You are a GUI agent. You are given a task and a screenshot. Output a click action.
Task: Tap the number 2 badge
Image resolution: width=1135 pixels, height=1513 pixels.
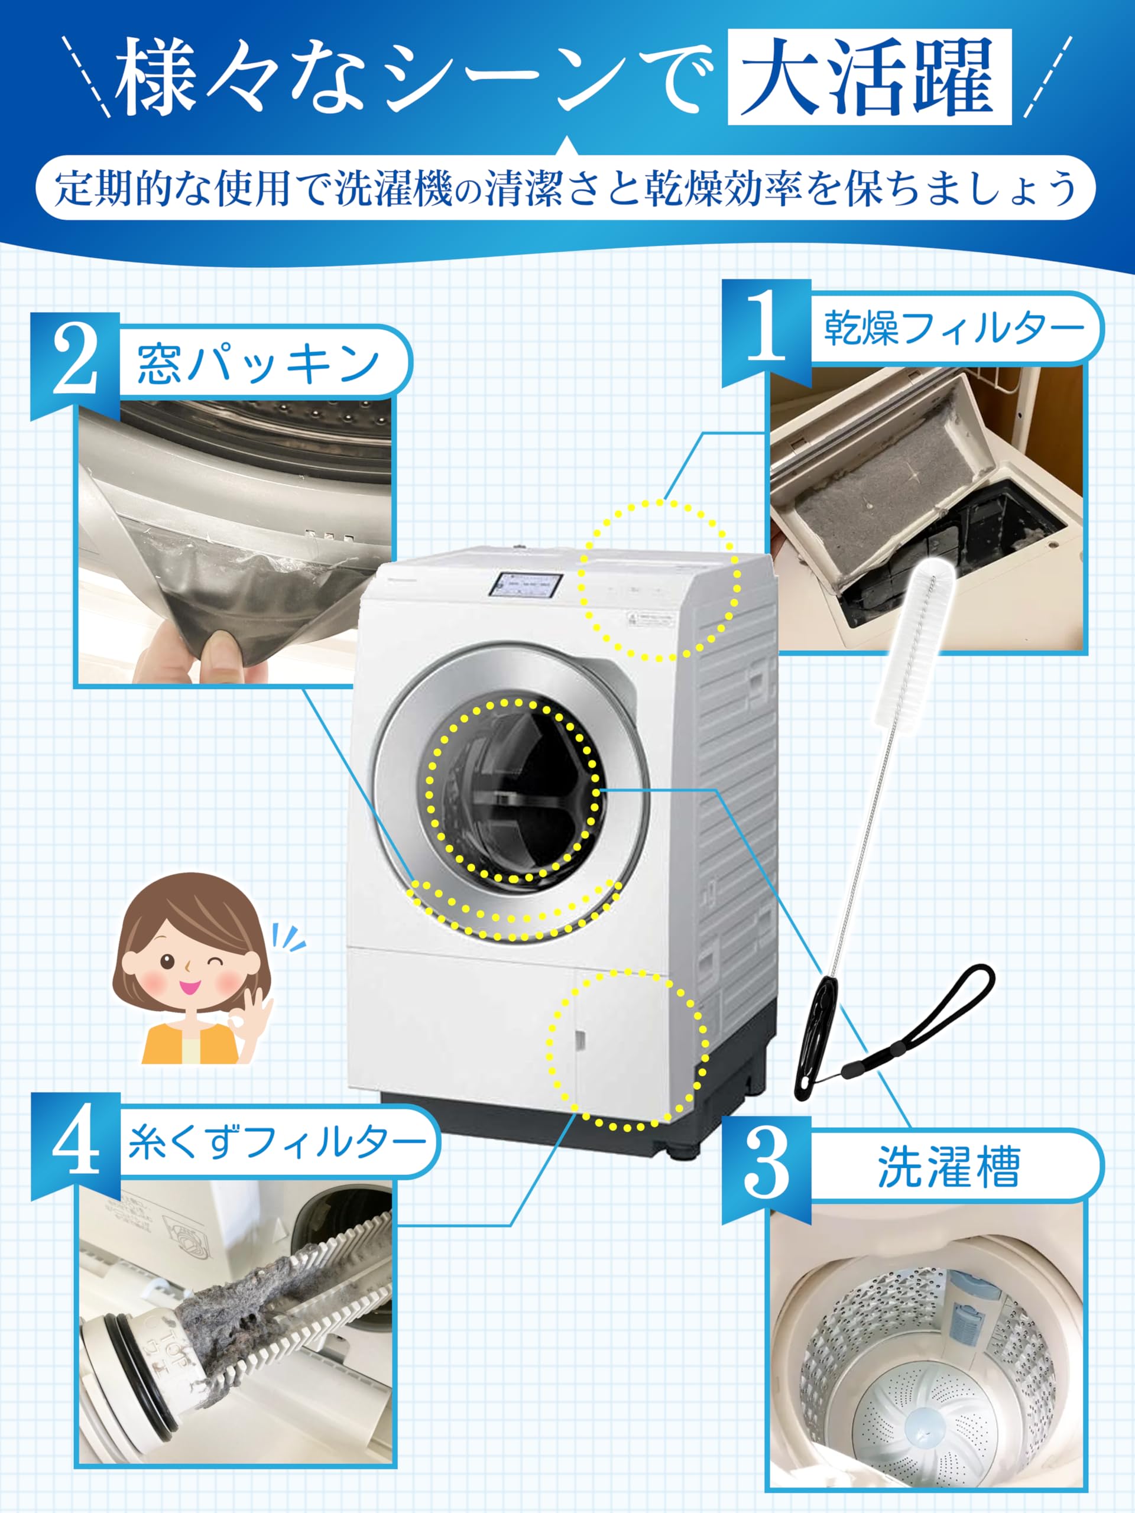coord(75,362)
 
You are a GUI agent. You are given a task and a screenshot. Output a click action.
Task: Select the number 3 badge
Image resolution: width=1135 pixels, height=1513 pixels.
coord(767,1169)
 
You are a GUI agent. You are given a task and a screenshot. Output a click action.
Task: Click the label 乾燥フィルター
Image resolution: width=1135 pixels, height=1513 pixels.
coord(954,327)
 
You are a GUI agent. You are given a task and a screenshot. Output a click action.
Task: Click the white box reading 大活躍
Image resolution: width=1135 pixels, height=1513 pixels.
coord(870,77)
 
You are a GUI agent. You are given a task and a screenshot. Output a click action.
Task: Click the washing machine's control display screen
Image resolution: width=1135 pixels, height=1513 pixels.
coord(526,587)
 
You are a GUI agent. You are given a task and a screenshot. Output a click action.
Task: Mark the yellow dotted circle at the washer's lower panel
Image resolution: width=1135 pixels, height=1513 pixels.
coord(627,1051)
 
